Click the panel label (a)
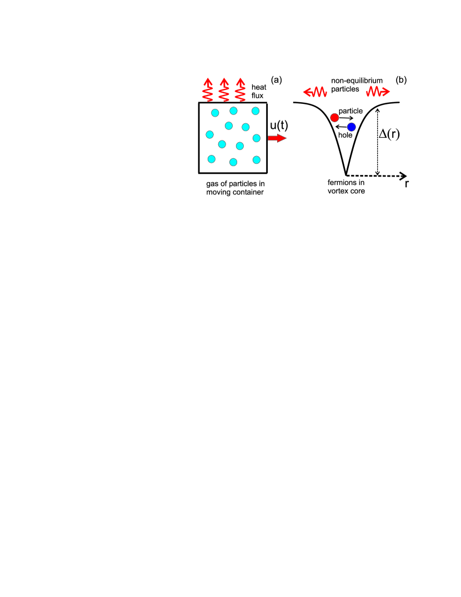277,80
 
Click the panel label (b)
401,80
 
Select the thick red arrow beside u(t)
277,138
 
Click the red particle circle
334,118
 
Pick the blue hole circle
351,127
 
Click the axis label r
407,183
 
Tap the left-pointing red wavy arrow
313,91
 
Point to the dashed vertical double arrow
378,142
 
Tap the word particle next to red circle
351,112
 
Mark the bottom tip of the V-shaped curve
345,174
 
